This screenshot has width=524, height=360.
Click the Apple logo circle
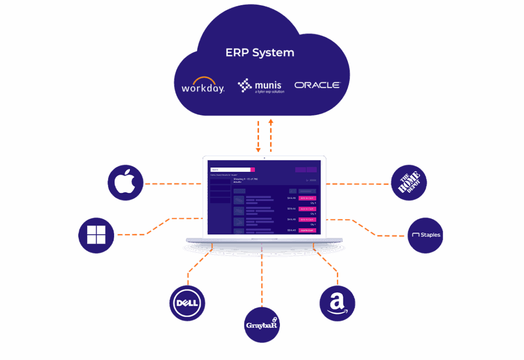tap(125, 183)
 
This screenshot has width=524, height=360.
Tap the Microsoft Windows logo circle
tap(96, 235)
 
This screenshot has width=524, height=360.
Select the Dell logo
tap(187, 303)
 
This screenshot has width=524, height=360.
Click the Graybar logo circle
tap(262, 325)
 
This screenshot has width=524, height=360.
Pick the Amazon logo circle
tap(337, 303)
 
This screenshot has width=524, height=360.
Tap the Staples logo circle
tap(425, 235)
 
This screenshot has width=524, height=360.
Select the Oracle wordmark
tap(317, 85)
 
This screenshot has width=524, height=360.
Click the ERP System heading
tap(260, 53)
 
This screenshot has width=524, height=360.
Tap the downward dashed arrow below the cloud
tap(258, 136)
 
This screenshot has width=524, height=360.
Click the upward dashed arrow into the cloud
tap(271, 135)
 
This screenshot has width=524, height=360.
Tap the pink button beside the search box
tap(253, 170)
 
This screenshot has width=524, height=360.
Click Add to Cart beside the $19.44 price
tap(307, 209)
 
